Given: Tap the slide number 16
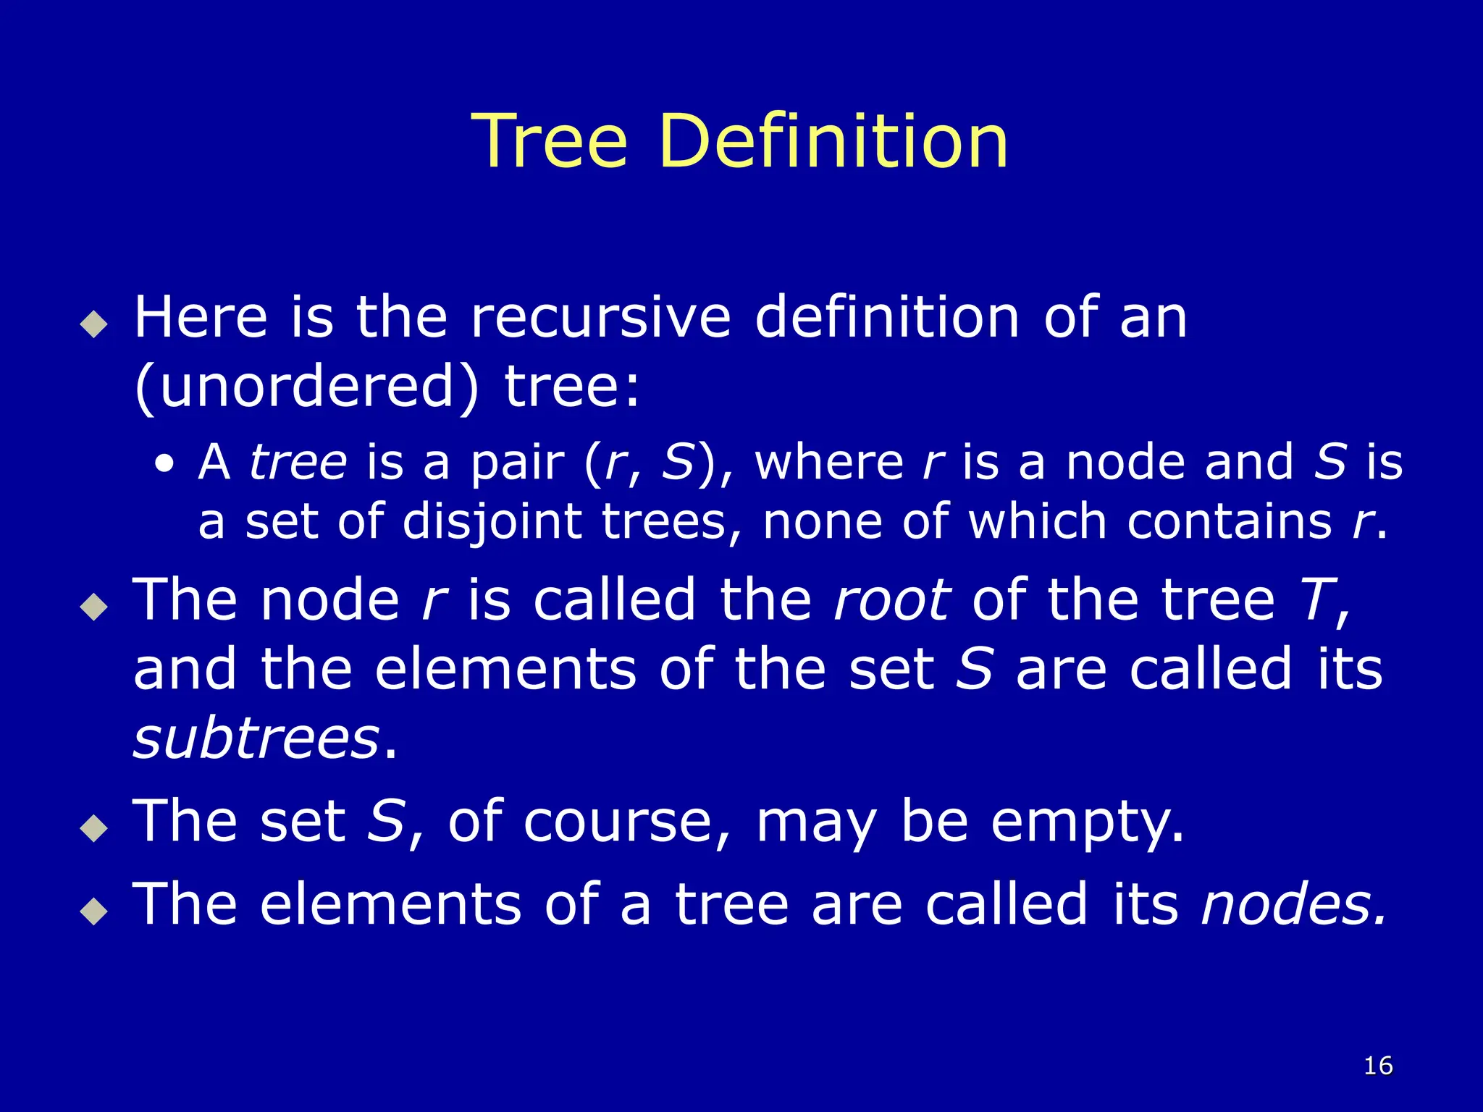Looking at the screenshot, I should click(1378, 1065).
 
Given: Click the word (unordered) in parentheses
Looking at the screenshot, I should click(307, 387).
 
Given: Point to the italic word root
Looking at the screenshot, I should click(892, 600).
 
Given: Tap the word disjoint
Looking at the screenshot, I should click(492, 522).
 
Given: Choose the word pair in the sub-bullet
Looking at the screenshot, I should click(517, 463).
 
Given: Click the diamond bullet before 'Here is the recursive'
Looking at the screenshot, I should click(94, 324).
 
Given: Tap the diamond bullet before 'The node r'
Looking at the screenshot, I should click(94, 606).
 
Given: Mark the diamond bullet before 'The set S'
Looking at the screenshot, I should click(94, 827).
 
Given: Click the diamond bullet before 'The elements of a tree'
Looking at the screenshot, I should click(94, 910).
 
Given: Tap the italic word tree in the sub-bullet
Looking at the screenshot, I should click(298, 463).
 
